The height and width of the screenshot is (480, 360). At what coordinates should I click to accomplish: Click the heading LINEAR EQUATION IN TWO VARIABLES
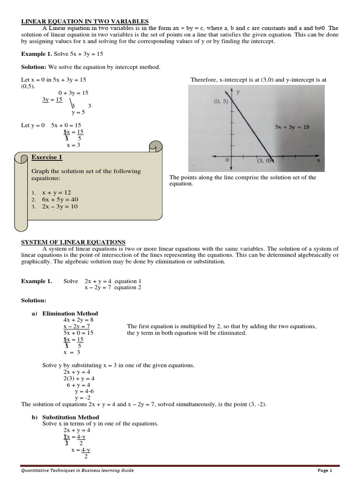click(85, 22)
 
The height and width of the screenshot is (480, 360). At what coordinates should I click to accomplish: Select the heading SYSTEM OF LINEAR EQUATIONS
click(73, 242)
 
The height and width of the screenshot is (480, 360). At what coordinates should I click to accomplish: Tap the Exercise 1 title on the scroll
click(46, 157)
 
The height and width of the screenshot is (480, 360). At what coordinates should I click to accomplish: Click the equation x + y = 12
click(56, 193)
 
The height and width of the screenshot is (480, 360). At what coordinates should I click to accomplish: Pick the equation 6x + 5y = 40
click(60, 200)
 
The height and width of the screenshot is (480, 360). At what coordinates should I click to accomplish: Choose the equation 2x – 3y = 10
click(60, 207)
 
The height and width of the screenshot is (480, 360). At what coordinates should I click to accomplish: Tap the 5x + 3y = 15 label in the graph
click(292, 127)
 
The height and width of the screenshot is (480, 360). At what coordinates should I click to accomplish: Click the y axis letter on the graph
click(238, 92)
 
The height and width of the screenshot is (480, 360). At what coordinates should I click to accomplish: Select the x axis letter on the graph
click(318, 160)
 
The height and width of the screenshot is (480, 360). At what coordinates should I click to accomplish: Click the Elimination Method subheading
click(70, 314)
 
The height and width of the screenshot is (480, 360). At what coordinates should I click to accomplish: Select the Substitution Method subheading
click(70, 417)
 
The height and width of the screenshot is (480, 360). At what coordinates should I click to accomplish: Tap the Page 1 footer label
click(324, 471)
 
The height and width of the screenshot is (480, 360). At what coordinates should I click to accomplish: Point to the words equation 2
click(127, 287)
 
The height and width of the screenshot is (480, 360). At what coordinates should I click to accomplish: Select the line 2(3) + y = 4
click(79, 378)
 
